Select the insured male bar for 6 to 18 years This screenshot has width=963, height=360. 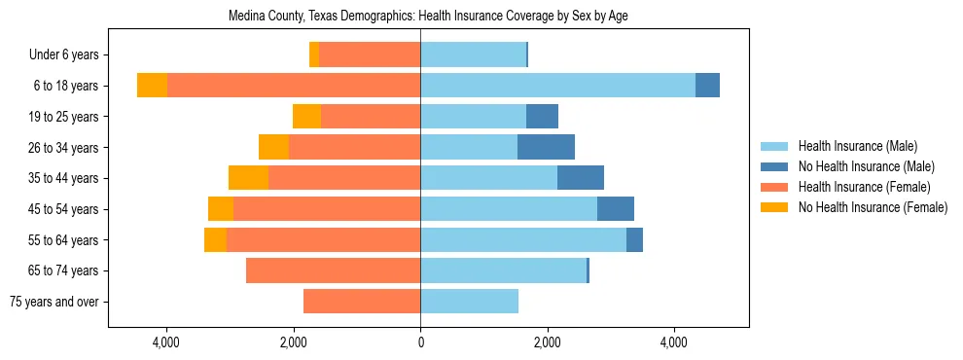[557, 86]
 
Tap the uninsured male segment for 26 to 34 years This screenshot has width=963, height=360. [546, 147]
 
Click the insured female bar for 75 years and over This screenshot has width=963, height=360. [362, 302]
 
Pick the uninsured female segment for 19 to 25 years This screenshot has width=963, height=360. [306, 117]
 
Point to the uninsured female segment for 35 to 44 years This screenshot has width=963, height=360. [248, 178]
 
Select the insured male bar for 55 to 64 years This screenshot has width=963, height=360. [523, 240]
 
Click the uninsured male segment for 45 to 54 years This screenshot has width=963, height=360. [616, 209]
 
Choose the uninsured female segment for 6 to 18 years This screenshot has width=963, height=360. [152, 86]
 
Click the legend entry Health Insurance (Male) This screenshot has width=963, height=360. [857, 146]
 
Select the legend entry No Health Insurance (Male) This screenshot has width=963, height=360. [866, 166]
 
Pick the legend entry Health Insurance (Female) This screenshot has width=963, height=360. [864, 187]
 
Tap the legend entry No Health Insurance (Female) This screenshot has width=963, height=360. [873, 207]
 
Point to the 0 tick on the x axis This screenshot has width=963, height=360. [420, 342]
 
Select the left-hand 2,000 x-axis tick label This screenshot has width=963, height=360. [294, 342]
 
